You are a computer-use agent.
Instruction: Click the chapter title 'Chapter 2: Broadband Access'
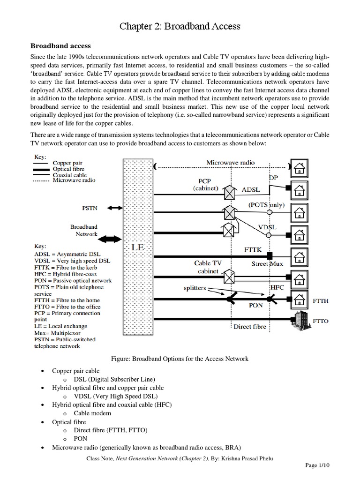coord(180,27)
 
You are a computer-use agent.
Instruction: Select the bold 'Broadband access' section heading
coord(60,46)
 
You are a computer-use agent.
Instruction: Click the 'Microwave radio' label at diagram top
coord(231,163)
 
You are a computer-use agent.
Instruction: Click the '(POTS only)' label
coord(266,204)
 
